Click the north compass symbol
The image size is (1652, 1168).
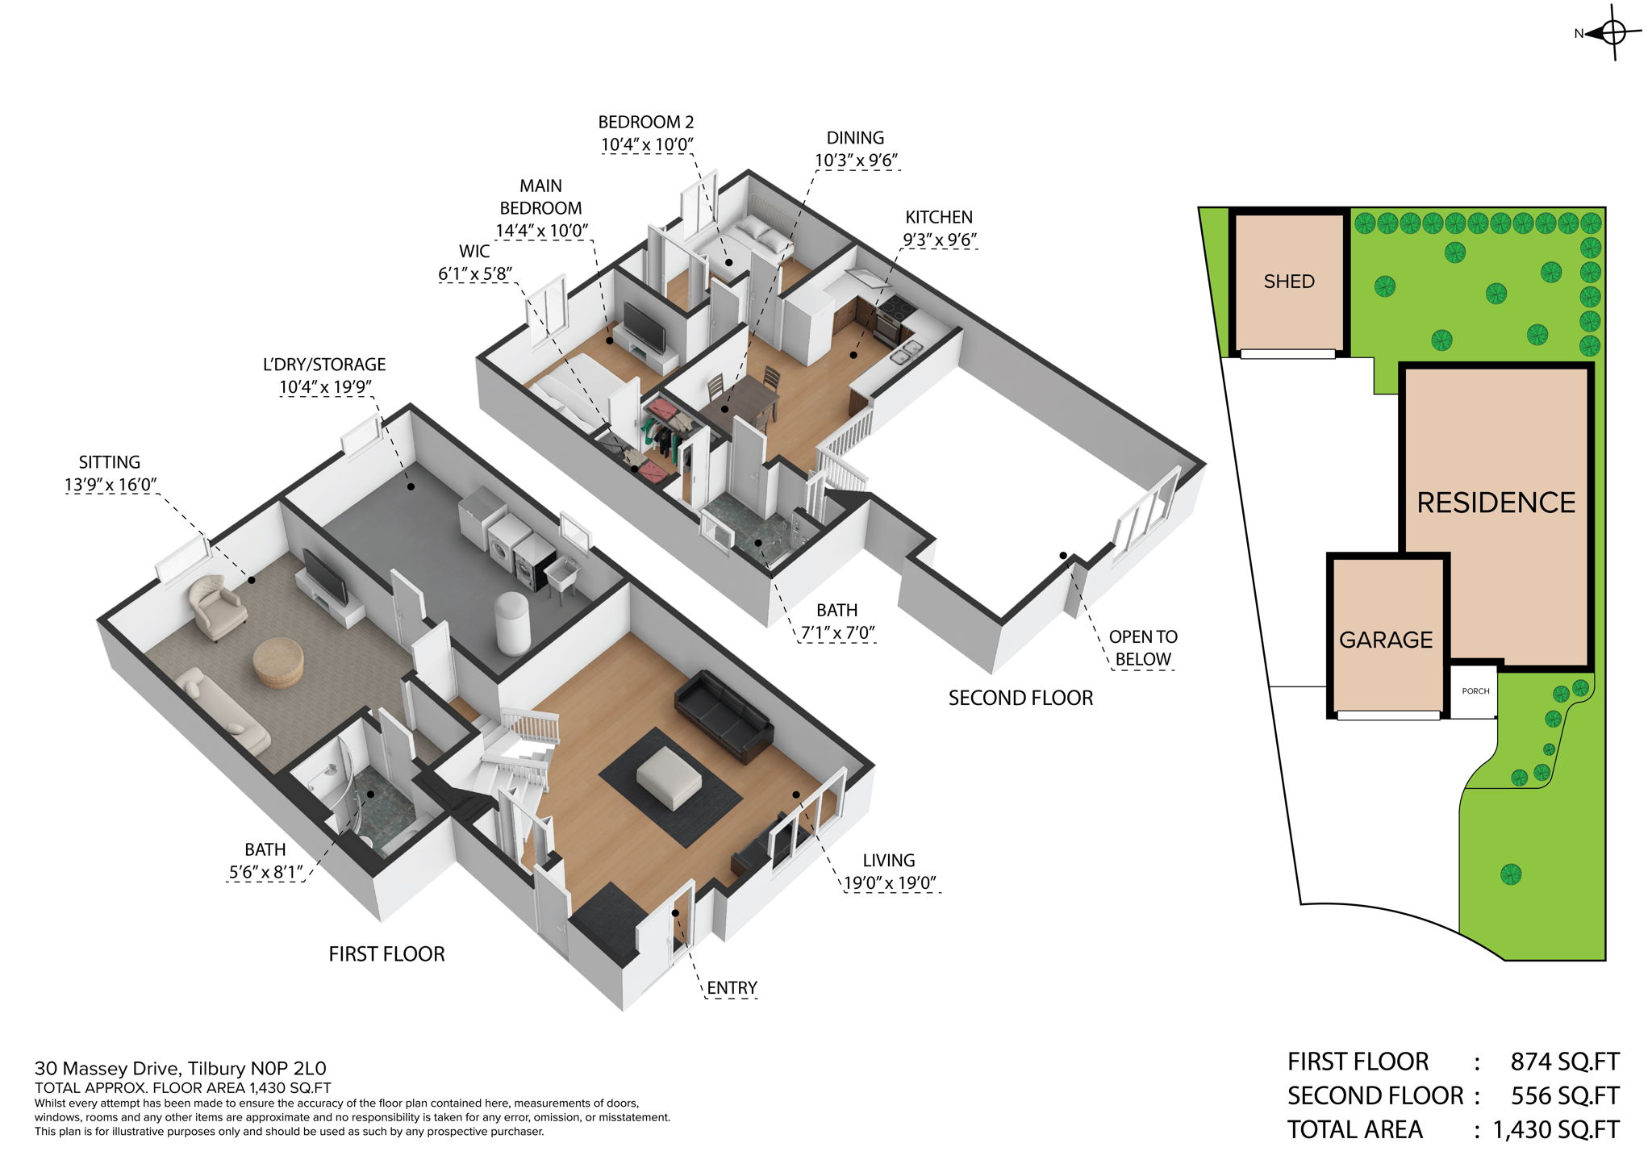(1612, 33)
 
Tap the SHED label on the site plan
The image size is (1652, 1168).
(1288, 282)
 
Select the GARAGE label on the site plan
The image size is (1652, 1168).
(1385, 640)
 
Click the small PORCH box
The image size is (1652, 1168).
(1475, 691)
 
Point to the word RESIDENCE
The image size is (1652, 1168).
(1496, 503)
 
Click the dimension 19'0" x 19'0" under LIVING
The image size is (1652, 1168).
(890, 882)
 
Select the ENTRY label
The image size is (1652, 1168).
(732, 988)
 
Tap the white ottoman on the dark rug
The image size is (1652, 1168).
(669, 777)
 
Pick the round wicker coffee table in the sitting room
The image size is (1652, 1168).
(278, 662)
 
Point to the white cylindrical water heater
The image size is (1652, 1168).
(512, 623)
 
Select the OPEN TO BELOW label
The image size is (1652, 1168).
(1142, 648)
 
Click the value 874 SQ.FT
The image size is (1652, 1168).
(1564, 1062)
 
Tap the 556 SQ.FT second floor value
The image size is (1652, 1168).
(1564, 1095)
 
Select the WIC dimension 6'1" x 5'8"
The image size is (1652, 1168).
(474, 274)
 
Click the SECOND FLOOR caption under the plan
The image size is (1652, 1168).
(1020, 698)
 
